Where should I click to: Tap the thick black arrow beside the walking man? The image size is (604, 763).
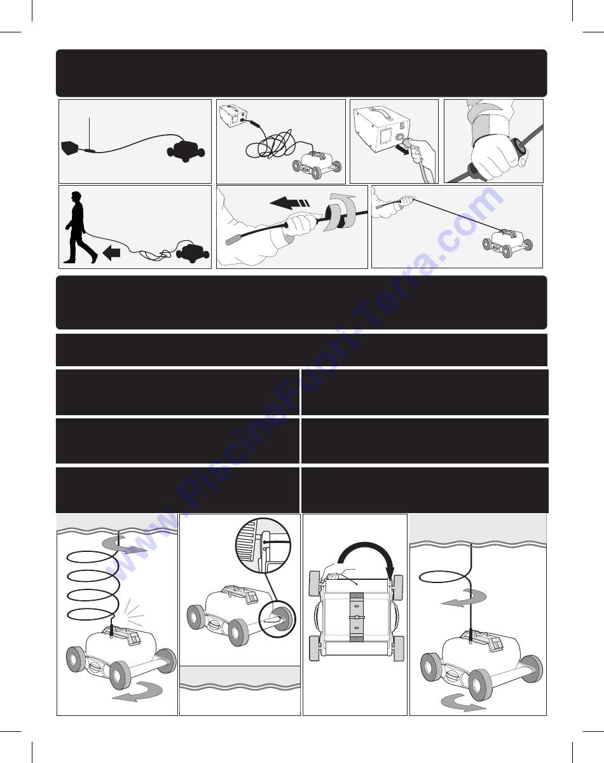pyautogui.click(x=111, y=253)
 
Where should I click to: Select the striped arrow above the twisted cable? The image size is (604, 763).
pyautogui.click(x=290, y=204)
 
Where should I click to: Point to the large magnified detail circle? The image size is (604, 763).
pyautogui.click(x=263, y=546)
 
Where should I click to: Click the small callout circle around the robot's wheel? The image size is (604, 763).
pyautogui.click(x=277, y=620)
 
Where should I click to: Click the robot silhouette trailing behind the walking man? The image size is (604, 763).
pyautogui.click(x=193, y=252)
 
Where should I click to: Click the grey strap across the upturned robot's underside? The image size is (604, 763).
pyautogui.click(x=357, y=617)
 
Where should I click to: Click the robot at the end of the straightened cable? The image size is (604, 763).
pyautogui.click(x=508, y=243)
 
